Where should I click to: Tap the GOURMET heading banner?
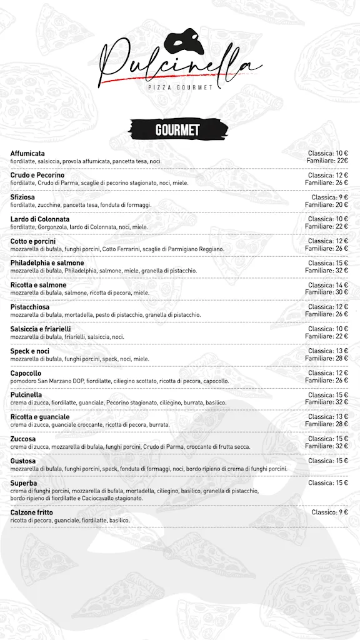point(177,130)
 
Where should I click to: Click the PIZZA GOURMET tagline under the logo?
point(180,87)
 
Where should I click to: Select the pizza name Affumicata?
point(27,153)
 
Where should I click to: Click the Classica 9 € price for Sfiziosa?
point(330,197)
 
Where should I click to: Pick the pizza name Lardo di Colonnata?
point(40,219)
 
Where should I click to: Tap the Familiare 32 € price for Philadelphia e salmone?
point(327,271)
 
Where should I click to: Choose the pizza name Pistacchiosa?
point(30,307)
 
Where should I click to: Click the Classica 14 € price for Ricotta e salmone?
point(328,285)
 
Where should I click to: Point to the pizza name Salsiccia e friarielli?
point(41,329)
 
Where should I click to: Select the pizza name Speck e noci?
point(30,351)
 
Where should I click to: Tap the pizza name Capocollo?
point(26,373)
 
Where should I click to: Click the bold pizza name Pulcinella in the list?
point(26,395)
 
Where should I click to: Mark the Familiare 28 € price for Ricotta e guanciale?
point(327,424)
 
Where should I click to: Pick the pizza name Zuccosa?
point(23,439)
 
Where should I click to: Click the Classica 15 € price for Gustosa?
point(328,461)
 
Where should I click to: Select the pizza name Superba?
point(24,483)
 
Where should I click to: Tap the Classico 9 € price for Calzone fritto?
point(330,512)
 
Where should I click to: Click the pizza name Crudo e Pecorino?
point(37,175)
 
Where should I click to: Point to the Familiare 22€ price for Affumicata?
point(327,161)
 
